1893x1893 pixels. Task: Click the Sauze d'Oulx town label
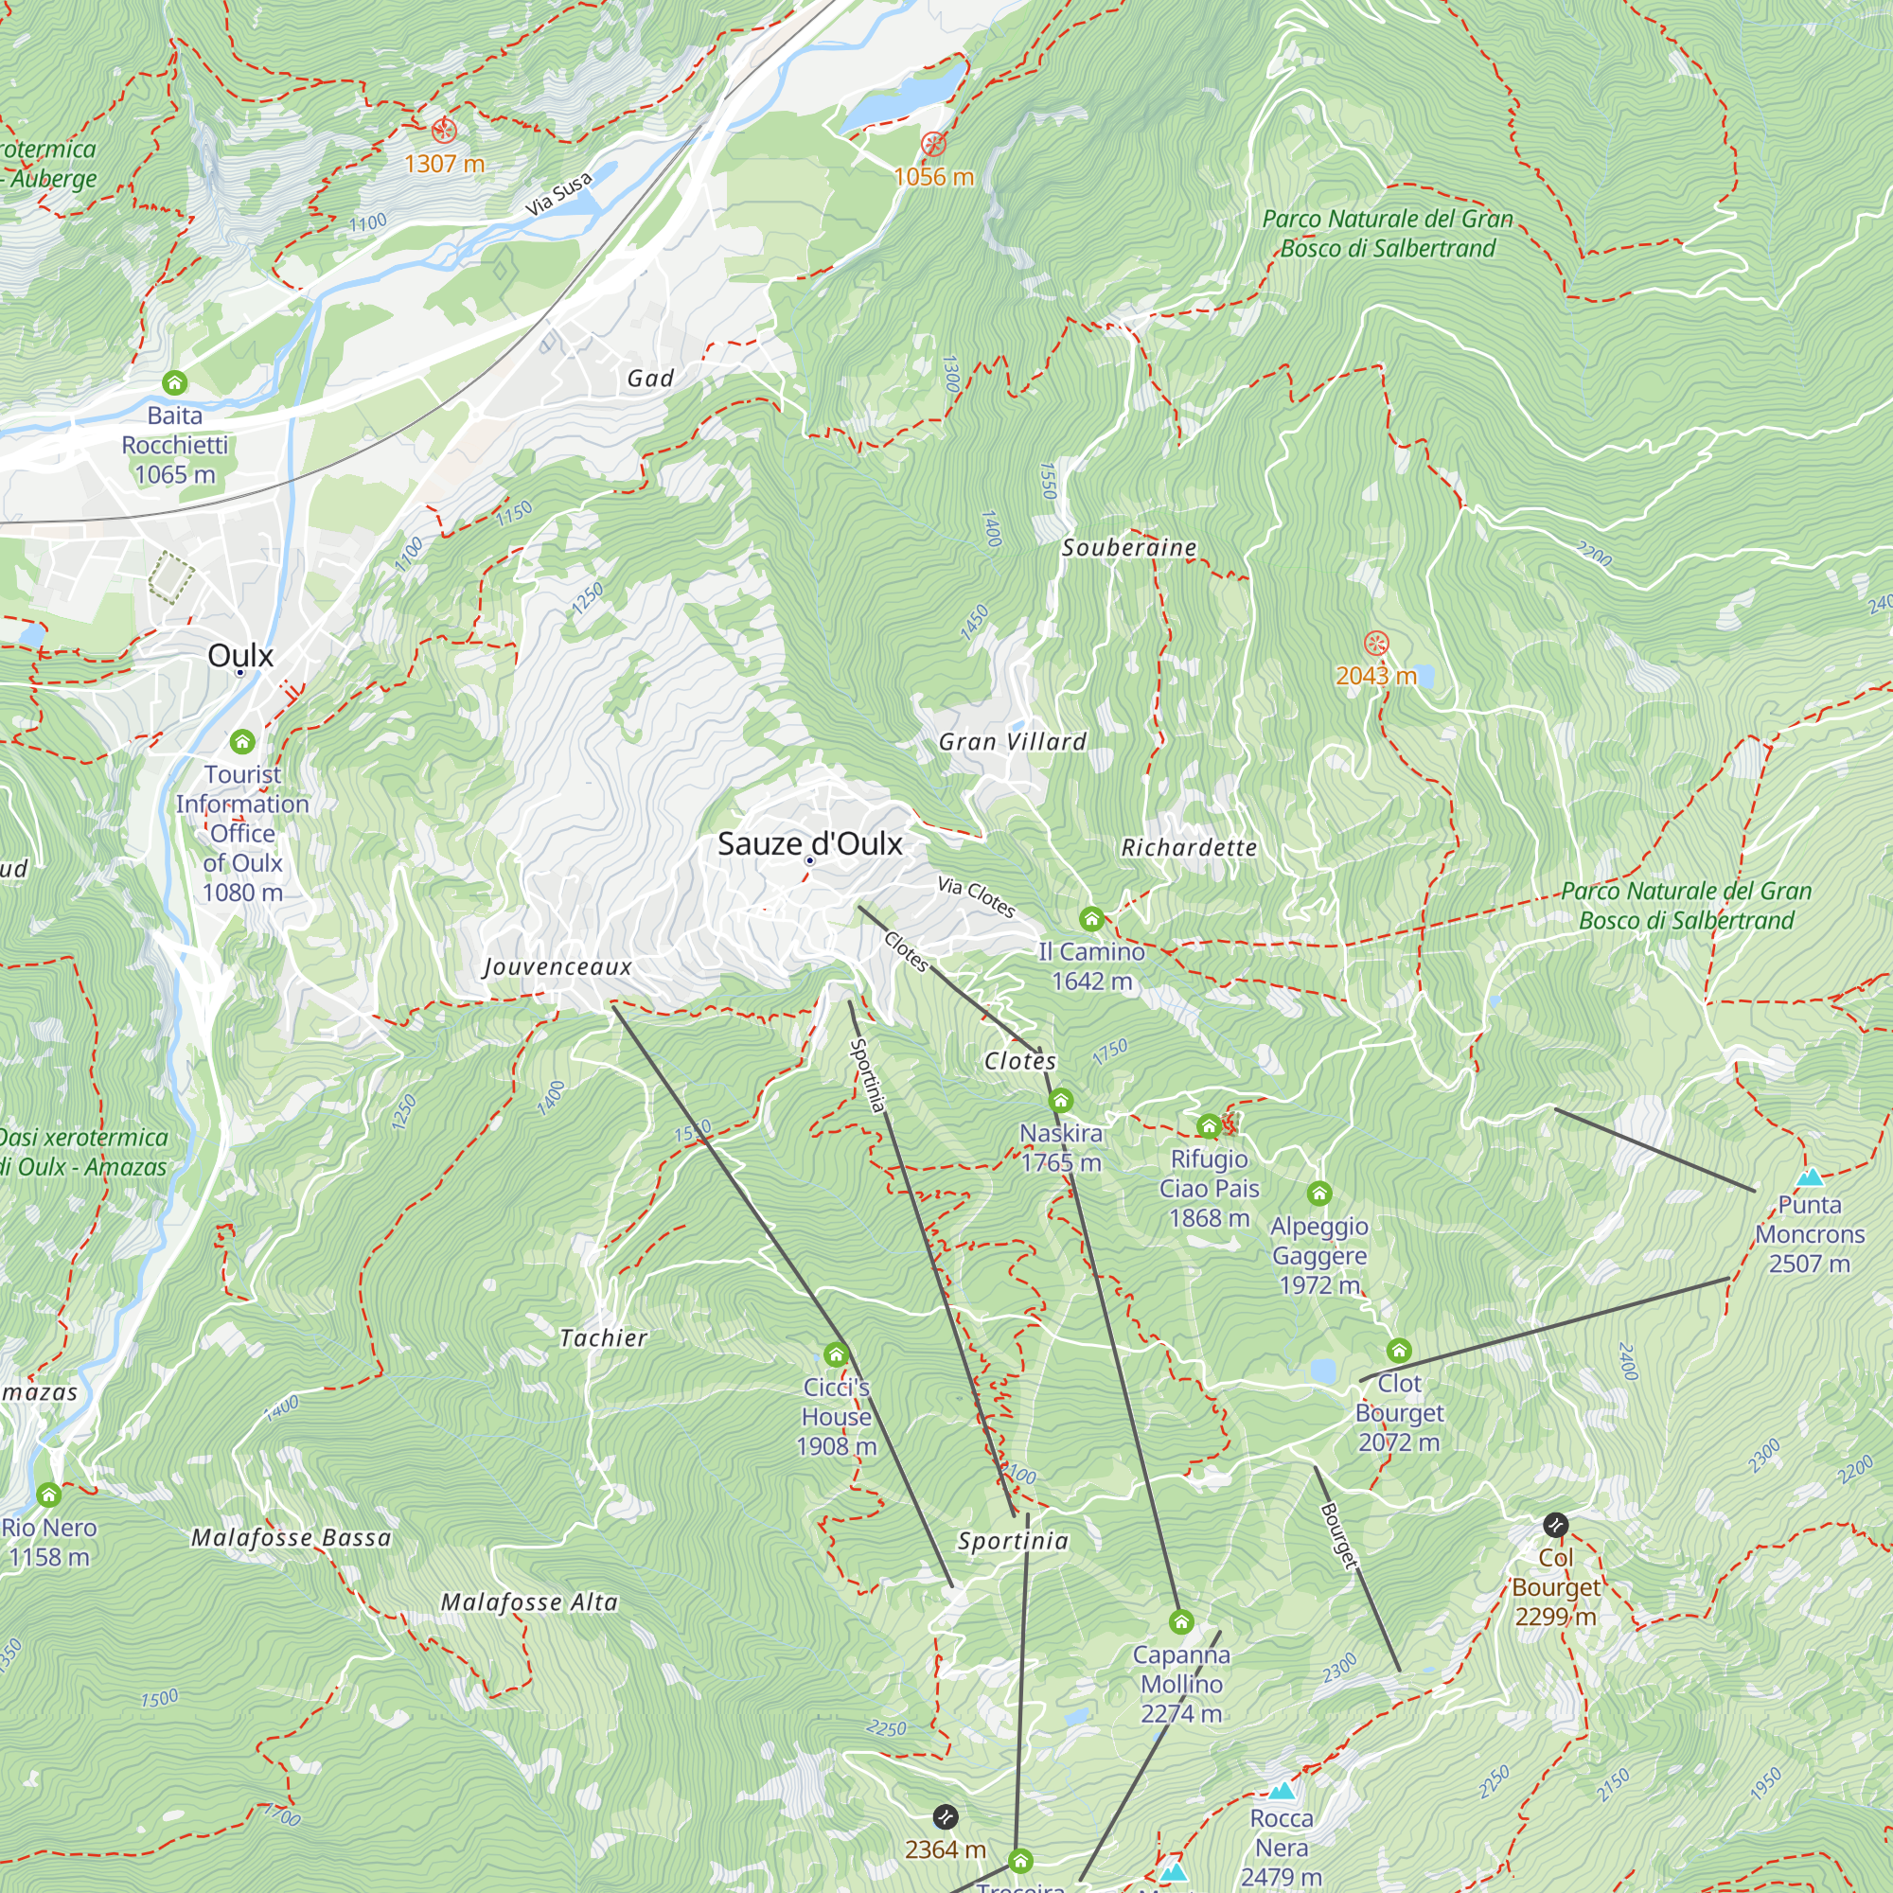tap(809, 843)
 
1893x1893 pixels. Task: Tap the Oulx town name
tap(240, 656)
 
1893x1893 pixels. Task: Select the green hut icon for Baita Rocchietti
tap(174, 382)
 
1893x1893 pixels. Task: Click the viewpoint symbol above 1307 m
tap(444, 131)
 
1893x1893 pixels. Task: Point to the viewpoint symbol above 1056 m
tap(933, 144)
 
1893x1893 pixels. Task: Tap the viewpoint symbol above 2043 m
tap(1376, 644)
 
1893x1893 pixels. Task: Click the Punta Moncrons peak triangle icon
tap(1809, 1176)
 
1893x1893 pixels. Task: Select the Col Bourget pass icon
tap(1555, 1525)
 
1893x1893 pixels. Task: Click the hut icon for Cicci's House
tap(836, 1355)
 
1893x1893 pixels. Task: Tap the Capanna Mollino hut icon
tap(1180, 1622)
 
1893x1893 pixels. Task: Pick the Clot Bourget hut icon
tap(1398, 1352)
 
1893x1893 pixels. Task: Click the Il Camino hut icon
tap(1090, 919)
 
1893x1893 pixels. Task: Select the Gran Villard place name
tap(1012, 742)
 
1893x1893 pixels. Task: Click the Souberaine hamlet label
tap(1129, 548)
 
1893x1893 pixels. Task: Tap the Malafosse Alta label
tap(529, 1602)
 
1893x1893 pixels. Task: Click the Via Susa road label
tap(558, 193)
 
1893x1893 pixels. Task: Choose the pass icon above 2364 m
tap(945, 1816)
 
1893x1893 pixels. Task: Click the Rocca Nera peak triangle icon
tap(1281, 1791)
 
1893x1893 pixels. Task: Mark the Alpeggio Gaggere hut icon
tap(1318, 1194)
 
